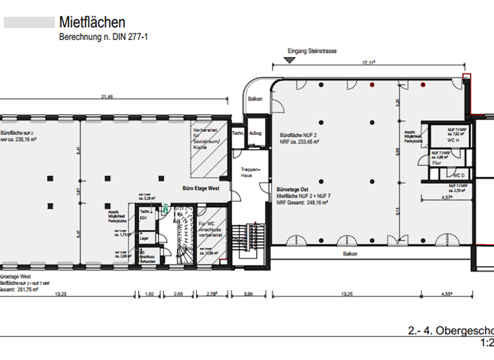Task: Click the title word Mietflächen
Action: tap(92, 24)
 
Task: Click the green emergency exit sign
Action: tap(165, 208)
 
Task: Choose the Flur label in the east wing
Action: tap(437, 163)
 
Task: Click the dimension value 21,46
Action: tap(107, 96)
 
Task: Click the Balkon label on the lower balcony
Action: tap(350, 254)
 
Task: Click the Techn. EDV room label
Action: tap(145, 214)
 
